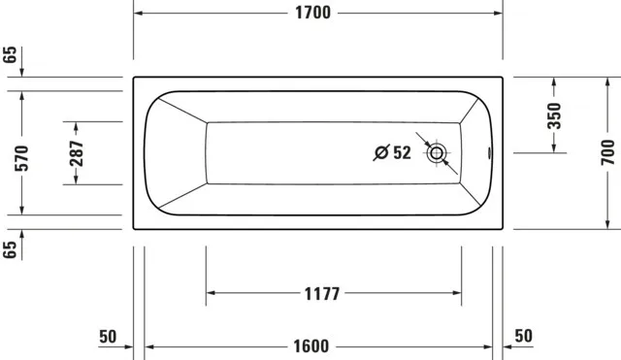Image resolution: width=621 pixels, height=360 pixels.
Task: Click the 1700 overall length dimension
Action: tap(312, 13)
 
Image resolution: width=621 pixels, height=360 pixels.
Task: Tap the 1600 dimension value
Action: tap(310, 346)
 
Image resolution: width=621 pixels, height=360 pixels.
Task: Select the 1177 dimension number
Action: tap(322, 294)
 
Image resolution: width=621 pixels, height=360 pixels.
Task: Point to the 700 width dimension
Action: tap(607, 152)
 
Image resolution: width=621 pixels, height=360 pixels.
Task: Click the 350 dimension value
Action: tap(554, 115)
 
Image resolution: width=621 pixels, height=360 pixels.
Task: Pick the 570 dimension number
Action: tap(21, 158)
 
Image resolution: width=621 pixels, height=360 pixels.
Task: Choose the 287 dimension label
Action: tap(76, 153)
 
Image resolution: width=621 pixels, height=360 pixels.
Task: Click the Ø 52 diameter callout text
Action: tap(392, 152)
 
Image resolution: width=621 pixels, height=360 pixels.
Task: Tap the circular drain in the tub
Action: tap(437, 153)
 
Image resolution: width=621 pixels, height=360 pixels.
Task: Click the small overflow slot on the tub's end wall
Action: tap(489, 153)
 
